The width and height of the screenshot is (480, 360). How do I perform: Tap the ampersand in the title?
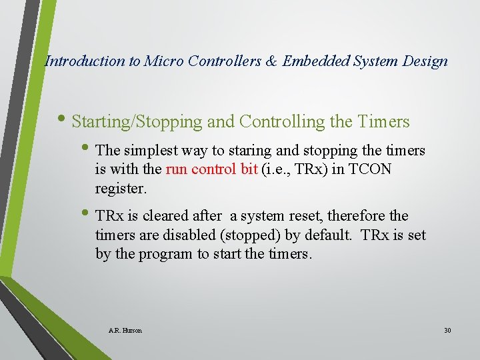(271, 61)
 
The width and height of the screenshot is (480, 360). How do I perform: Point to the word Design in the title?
(425, 61)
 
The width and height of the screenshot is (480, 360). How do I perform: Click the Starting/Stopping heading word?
(137, 122)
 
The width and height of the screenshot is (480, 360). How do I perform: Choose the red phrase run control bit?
(211, 169)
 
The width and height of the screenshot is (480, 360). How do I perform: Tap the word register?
(121, 188)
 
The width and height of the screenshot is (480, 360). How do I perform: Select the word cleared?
(170, 216)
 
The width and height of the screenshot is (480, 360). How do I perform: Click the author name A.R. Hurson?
(125, 330)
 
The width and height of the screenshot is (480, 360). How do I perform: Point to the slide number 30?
(447, 330)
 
